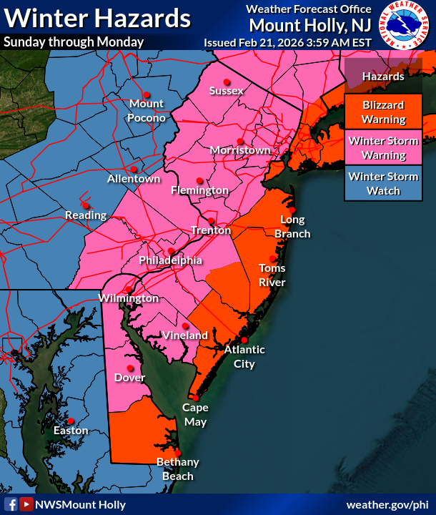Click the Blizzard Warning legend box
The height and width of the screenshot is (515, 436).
(384, 112)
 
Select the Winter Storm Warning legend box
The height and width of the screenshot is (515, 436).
(384, 148)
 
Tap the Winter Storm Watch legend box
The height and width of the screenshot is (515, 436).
(384, 184)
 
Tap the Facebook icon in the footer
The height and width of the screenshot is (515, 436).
(11, 504)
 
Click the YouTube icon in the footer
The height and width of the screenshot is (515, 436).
(26, 504)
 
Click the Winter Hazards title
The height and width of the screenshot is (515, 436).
(97, 17)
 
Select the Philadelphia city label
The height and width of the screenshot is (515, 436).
(170, 260)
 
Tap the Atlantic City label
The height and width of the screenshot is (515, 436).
(244, 356)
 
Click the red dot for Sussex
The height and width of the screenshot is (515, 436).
(227, 81)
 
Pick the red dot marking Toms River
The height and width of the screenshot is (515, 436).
(272, 259)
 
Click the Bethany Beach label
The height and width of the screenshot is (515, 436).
(178, 469)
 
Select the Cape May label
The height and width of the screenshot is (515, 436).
(194, 415)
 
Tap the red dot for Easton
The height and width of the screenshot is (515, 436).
(71, 421)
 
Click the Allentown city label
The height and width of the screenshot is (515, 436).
(134, 179)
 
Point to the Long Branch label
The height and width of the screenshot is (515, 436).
(292, 227)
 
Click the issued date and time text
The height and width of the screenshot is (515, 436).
(287, 42)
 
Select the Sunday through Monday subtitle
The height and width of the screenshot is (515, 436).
(74, 41)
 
